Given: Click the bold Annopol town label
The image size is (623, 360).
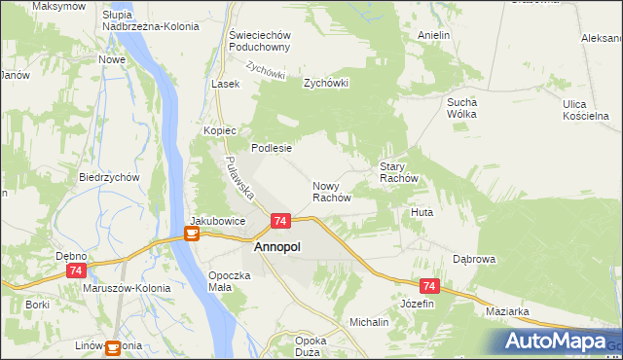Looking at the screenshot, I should (276, 248).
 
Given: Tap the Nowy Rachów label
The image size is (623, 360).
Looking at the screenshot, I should (331, 191).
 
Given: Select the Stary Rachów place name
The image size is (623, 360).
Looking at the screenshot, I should (398, 173).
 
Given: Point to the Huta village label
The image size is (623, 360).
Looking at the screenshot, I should (421, 212).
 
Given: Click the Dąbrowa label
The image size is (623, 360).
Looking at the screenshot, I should (475, 260).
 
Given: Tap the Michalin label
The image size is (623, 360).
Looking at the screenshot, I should (369, 321).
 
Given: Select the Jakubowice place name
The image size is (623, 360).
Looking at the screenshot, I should (217, 221).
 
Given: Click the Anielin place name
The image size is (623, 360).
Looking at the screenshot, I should (433, 35).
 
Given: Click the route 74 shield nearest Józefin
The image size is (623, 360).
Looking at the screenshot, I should (429, 286).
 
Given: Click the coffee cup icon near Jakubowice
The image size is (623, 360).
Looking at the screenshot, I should (192, 234).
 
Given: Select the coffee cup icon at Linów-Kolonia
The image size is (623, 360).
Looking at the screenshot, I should (114, 346).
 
